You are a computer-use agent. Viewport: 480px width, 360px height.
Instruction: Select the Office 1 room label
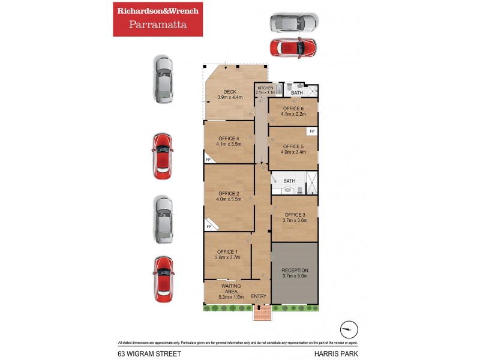coord(227,251)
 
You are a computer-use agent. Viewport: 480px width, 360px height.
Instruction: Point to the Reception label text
coord(295,270)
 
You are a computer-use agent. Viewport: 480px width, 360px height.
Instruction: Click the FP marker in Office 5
coord(311,131)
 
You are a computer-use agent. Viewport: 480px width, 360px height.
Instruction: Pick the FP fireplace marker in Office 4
coord(208,160)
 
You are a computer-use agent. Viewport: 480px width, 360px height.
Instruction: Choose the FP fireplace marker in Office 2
coord(209,227)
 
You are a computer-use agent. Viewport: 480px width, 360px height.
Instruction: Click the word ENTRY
coord(259,296)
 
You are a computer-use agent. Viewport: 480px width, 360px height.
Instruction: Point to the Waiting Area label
coord(231,289)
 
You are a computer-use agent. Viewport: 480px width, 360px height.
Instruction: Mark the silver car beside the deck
coord(163,80)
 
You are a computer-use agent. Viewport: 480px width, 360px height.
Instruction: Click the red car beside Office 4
coord(163,156)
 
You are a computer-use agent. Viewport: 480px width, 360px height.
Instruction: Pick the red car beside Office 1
coord(163,279)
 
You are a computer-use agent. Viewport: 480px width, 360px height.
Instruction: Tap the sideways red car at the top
coord(293,46)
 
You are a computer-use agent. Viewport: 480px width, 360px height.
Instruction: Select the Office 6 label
coord(293,108)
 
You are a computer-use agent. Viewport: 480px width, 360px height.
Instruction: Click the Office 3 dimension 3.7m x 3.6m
coord(295,220)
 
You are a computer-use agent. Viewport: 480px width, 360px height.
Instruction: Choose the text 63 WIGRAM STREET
coord(145,353)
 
